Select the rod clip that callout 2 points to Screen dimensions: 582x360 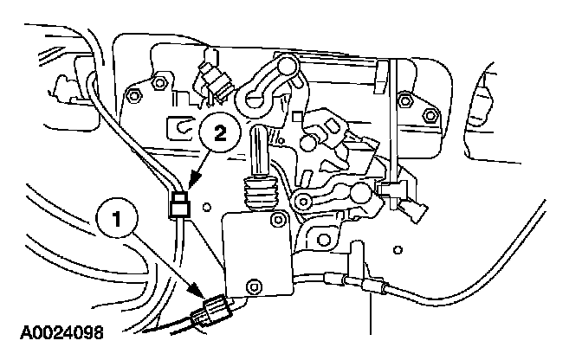178,206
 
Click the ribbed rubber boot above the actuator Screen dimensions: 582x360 259,192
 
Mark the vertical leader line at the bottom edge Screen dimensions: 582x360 371,312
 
